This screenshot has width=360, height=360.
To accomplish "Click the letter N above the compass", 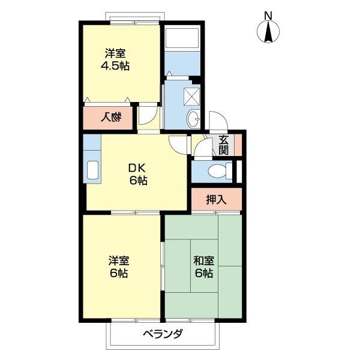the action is (268, 16).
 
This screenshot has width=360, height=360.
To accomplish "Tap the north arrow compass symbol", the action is (268, 31).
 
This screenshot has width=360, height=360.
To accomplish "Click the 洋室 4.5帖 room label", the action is (115, 59).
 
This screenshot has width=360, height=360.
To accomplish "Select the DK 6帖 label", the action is (137, 174).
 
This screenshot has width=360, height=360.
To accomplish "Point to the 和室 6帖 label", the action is (204, 267).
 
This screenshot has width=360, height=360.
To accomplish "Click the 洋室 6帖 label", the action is (119, 267).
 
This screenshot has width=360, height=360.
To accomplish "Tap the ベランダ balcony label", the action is (163, 333).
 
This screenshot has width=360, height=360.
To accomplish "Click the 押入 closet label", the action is (216, 199).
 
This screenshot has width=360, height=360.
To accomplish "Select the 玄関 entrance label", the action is (223, 145).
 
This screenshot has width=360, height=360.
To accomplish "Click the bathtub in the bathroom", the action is (182, 38).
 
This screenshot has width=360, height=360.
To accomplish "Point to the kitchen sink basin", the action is (92, 170).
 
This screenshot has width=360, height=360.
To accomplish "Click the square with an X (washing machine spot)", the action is (192, 97).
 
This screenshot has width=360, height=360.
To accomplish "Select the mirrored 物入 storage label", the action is (112, 118).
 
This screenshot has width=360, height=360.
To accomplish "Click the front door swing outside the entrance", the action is (218, 121).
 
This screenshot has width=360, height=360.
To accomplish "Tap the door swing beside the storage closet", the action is (148, 115).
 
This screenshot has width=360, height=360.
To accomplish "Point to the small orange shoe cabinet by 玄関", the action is (238, 145).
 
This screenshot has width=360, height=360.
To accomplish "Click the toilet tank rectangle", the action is (229, 171).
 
